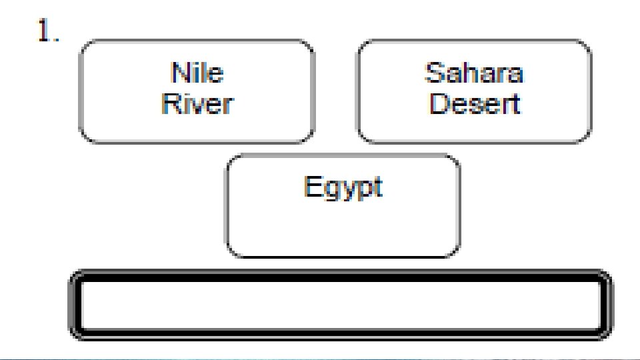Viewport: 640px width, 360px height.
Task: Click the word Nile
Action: tap(197, 72)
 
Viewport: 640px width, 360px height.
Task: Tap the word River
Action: tap(197, 103)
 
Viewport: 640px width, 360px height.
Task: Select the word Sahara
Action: tap(474, 72)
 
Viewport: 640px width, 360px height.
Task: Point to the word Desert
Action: tap(474, 103)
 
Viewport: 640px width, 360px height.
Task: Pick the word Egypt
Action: tap(343, 187)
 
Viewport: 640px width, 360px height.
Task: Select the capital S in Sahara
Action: tap(433, 72)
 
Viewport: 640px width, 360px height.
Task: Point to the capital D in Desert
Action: tap(437, 103)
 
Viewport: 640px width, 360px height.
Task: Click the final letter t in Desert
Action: tap(515, 104)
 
